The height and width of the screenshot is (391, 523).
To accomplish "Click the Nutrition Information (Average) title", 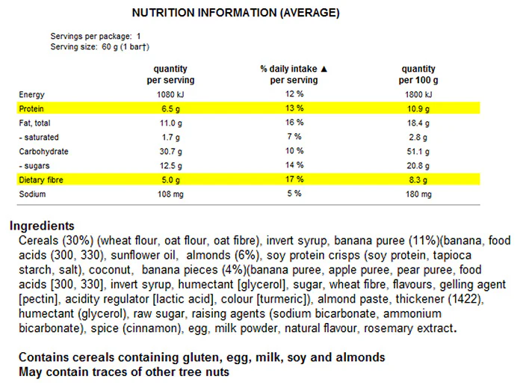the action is (236, 13).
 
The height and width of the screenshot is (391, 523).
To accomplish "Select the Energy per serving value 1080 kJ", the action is (170, 94).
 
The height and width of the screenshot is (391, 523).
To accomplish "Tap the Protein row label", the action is (31, 108).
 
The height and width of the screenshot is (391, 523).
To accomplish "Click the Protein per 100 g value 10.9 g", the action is (418, 108).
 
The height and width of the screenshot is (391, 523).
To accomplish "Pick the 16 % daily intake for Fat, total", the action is (294, 123).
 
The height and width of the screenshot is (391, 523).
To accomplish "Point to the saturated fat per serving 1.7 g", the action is (170, 137).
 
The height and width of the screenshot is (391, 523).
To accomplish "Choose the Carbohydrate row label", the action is (43, 152).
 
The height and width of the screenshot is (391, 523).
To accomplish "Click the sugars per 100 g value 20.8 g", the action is (418, 166).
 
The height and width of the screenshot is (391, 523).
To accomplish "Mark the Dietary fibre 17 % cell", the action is (294, 179).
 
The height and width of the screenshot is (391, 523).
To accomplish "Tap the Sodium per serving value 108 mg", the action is (170, 194).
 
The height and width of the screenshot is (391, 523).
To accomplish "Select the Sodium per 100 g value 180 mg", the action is (418, 194).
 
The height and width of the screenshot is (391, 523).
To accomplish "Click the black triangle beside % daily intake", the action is (324, 69).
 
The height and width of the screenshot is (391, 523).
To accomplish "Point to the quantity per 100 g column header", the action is (418, 75).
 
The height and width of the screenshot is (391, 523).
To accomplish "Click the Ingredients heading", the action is (42, 226).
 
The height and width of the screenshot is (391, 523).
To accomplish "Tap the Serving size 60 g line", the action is (99, 46).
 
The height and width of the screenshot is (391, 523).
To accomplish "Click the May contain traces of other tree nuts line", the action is (124, 372).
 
